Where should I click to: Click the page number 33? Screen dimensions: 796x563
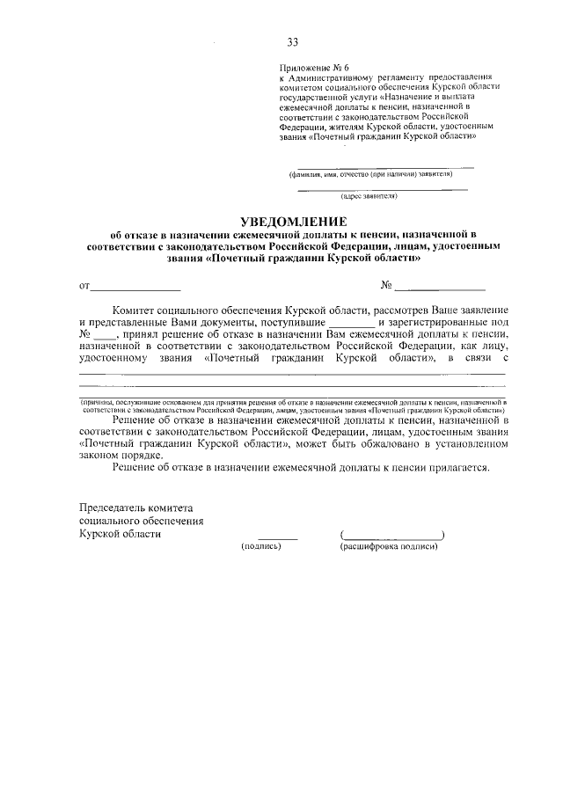pyautogui.click(x=292, y=41)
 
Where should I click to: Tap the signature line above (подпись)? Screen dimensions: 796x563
pyautogui.click(x=278, y=537)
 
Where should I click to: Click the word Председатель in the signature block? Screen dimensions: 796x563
pyautogui.click(x=122, y=508)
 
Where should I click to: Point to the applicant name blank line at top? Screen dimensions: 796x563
pyautogui.click(x=385, y=166)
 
